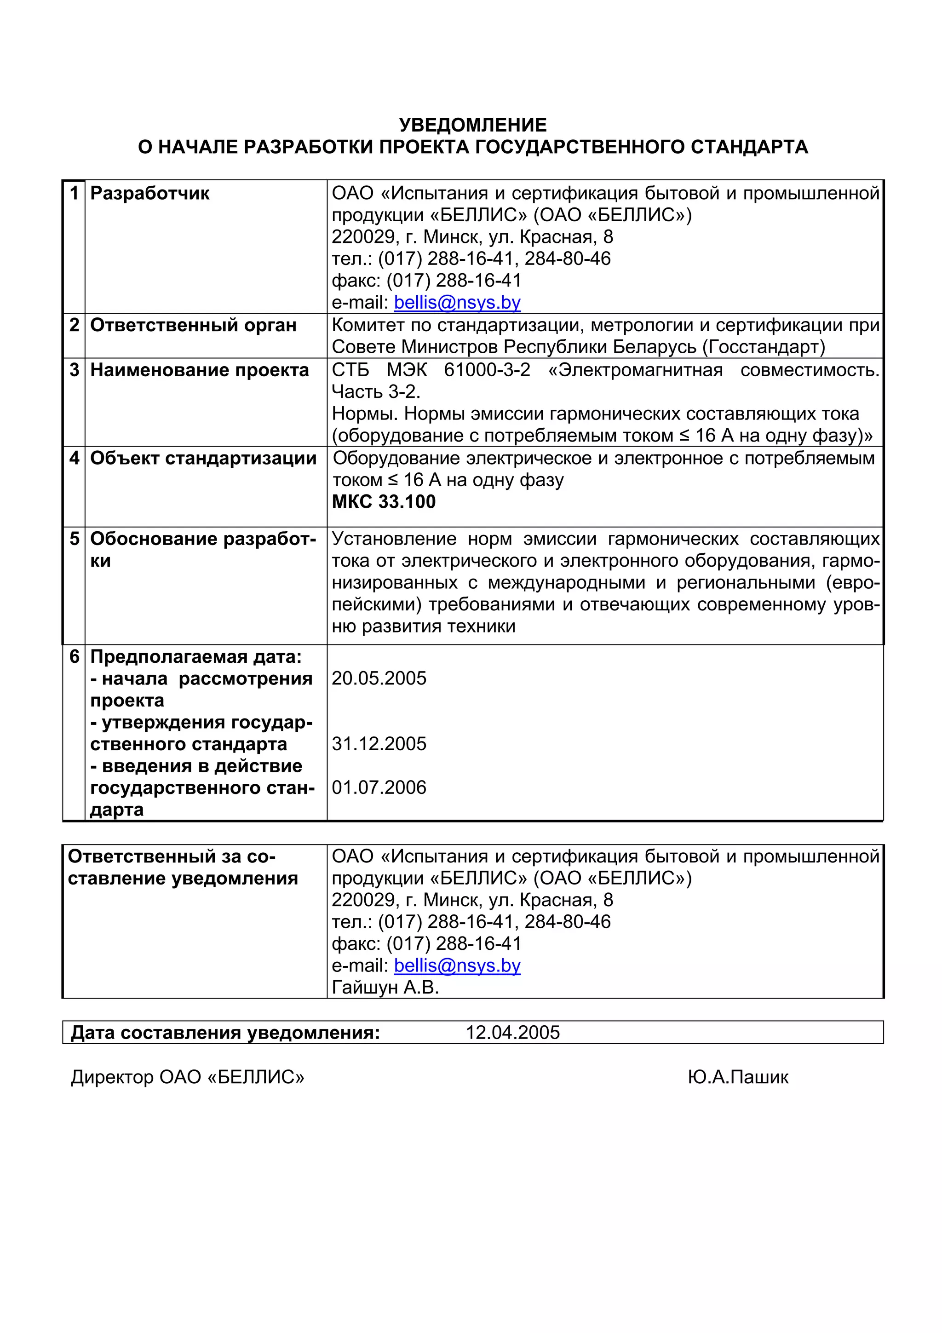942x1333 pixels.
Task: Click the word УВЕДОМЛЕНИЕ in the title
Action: pos(472,125)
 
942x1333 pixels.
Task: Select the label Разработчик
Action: pos(150,193)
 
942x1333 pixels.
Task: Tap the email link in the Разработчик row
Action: pos(457,303)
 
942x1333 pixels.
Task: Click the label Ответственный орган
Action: pos(193,325)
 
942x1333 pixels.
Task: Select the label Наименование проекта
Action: pos(199,370)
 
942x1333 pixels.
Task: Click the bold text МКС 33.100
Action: pos(384,502)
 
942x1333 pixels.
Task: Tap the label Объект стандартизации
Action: pos(203,458)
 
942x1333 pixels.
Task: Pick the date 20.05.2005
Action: pos(379,678)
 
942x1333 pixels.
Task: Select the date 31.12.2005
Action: pos(379,744)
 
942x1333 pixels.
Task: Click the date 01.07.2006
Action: pos(379,787)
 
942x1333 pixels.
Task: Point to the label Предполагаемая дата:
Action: pos(195,657)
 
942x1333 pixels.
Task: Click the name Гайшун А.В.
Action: pos(385,987)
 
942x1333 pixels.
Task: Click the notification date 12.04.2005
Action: pos(512,1032)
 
